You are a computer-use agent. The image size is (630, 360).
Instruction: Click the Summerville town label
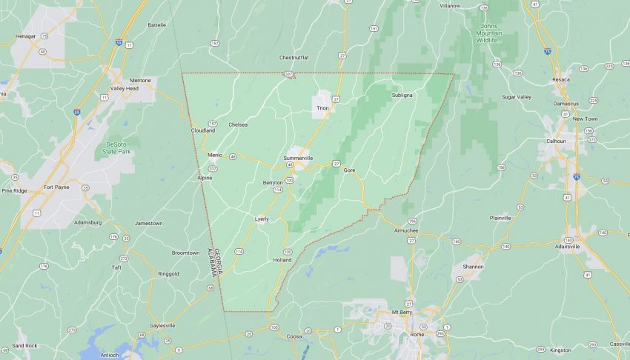[x=299, y=159]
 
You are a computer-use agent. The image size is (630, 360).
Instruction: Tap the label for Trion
[x=322, y=108]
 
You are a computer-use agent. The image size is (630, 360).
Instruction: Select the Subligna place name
[x=402, y=95]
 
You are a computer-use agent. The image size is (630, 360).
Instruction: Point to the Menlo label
[x=215, y=154]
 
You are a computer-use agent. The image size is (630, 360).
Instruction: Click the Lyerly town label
[x=262, y=219]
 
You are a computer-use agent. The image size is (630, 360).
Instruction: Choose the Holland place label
[x=282, y=260]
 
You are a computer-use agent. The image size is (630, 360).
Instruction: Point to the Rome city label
[x=417, y=336]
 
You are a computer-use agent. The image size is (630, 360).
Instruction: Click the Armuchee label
[x=406, y=230]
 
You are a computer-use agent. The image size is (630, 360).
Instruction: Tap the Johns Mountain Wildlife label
[x=487, y=33]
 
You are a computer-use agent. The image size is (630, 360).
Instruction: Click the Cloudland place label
[x=202, y=130]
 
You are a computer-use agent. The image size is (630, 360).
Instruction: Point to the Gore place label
[x=349, y=170]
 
